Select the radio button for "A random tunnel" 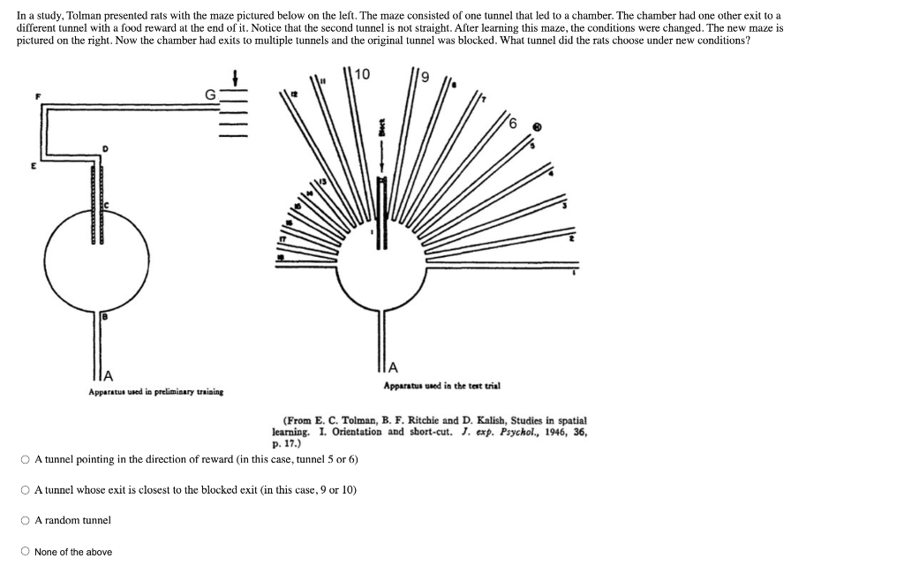(x=26, y=521)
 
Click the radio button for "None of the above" (x=26, y=552)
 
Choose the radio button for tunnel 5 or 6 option (x=26, y=459)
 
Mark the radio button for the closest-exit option (x=26, y=490)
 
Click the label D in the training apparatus (x=106, y=150)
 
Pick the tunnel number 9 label (x=424, y=79)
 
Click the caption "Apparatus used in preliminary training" (x=155, y=391)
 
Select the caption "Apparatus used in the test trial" (x=441, y=386)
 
